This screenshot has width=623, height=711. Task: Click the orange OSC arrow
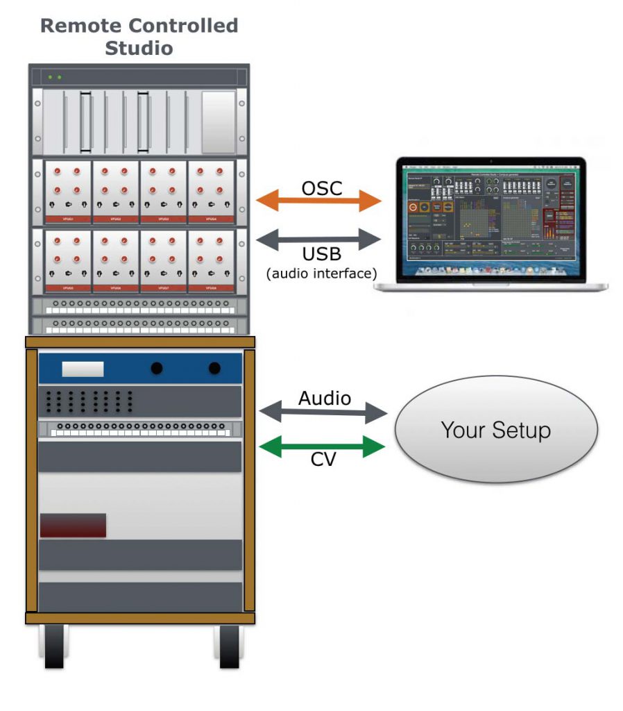(x=319, y=201)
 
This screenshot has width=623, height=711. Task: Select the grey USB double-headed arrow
(x=319, y=240)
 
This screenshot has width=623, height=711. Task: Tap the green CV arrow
(x=322, y=446)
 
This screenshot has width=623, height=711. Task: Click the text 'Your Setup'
(x=496, y=430)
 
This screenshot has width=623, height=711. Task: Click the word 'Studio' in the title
(x=139, y=49)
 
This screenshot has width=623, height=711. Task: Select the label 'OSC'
(x=321, y=187)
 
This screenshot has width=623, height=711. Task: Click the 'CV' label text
(x=321, y=460)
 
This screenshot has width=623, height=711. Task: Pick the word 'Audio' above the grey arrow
(x=325, y=399)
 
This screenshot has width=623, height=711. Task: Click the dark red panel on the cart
(x=73, y=525)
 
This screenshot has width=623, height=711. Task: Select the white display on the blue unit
(x=83, y=369)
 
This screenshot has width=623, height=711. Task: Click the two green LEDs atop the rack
(x=55, y=77)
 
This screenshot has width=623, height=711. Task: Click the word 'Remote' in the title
(x=80, y=26)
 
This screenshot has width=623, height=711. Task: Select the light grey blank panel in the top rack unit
(x=219, y=122)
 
